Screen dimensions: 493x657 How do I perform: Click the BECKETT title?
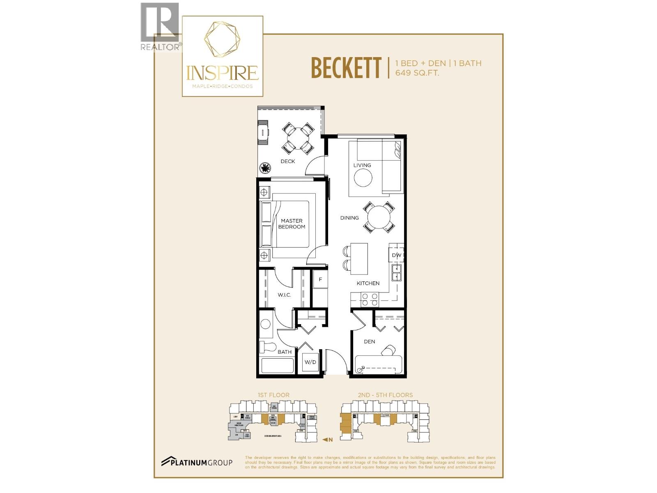coord(346,68)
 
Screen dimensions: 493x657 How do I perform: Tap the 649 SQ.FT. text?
coord(417,73)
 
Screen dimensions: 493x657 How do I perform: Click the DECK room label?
coord(287,161)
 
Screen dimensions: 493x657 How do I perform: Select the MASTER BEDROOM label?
coord(292,224)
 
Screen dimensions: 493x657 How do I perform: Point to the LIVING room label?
coord(362,165)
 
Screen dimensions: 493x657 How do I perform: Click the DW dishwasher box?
coord(396,255)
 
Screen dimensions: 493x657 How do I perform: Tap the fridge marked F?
coord(320,280)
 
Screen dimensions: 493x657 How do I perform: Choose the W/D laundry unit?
coord(310,362)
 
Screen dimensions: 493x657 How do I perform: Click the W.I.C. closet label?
coord(284,295)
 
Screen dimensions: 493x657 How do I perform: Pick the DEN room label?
coord(369,341)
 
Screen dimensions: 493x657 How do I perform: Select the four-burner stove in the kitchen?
coord(369,300)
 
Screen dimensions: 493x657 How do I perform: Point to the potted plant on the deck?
coord(266,168)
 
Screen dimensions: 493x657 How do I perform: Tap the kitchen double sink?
coord(396,273)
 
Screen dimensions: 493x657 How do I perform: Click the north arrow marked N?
coord(327,440)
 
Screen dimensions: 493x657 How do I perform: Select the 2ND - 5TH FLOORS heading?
coord(385,395)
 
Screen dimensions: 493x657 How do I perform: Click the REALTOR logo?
coord(160,27)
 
